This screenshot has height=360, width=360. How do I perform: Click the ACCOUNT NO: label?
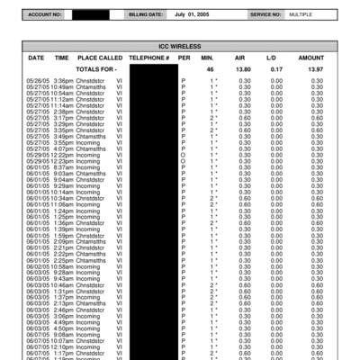pyautogui.click(x=45, y=15)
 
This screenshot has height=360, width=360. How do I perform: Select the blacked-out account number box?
pyautogui.click(x=93, y=15)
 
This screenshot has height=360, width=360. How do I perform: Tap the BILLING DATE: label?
pyautogui.click(x=146, y=15)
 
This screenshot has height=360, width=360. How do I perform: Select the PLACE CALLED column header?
pyautogui.click(x=100, y=57)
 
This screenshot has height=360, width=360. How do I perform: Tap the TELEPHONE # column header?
pyautogui.click(x=148, y=57)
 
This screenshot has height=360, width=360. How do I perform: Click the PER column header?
pyautogui.click(x=184, y=57)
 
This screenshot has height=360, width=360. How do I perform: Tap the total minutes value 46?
pyautogui.click(x=210, y=68)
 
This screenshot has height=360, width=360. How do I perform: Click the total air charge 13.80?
pyautogui.click(x=243, y=68)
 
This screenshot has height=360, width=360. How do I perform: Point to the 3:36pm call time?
pyautogui.click(x=63, y=81)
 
